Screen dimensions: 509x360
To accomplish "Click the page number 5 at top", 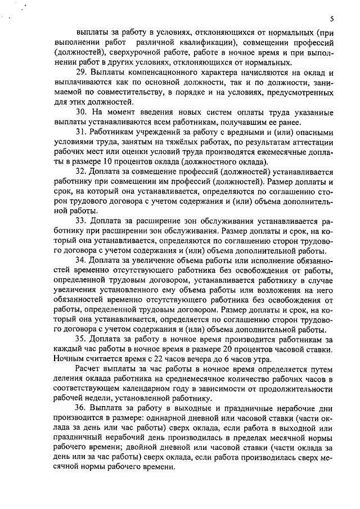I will [332, 18].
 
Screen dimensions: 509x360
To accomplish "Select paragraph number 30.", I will [82, 111].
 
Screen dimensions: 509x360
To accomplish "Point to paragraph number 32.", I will [82, 170].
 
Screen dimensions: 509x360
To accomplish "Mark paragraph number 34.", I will [82, 260].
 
